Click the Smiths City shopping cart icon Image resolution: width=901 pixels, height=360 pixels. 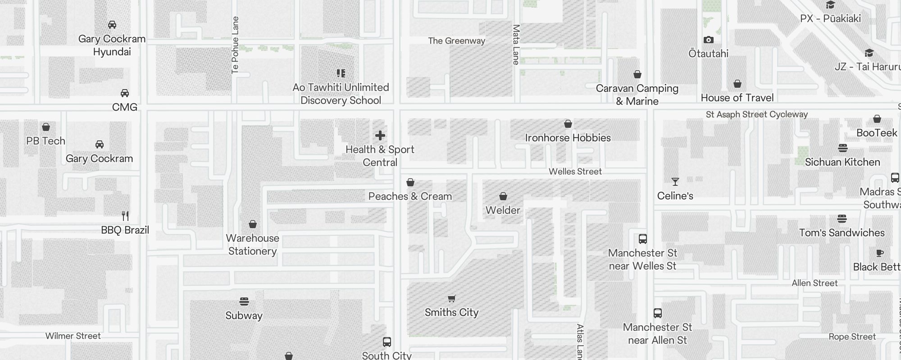click(x=451, y=298)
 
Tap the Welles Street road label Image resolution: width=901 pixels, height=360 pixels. click(x=575, y=171)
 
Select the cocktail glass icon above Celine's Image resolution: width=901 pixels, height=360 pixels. click(x=675, y=182)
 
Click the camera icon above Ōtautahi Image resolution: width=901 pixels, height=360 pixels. click(x=708, y=40)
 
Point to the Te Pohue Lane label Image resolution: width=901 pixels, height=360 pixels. click(x=235, y=45)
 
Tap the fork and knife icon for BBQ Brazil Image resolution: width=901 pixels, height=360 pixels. click(x=125, y=216)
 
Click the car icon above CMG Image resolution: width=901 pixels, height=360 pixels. click(x=125, y=93)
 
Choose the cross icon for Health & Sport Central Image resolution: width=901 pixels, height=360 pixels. click(x=380, y=135)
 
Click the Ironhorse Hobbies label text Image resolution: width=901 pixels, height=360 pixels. click(x=568, y=138)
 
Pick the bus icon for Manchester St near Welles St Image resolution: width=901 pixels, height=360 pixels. click(x=643, y=239)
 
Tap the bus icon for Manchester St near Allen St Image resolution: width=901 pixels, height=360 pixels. click(x=658, y=313)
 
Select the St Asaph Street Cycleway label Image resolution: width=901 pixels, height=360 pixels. click(x=757, y=114)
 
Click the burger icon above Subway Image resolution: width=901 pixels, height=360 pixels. click(x=244, y=301)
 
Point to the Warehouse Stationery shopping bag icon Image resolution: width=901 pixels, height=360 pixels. click(x=253, y=224)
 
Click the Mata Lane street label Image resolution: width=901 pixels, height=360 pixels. click(x=516, y=45)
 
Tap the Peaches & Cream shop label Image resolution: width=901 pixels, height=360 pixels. click(x=410, y=196)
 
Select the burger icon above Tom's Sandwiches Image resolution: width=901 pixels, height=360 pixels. click(x=842, y=219)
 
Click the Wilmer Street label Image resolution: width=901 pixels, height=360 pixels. click(x=73, y=336)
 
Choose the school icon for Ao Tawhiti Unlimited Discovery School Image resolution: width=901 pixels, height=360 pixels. click(x=341, y=73)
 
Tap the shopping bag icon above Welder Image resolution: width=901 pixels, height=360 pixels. click(x=503, y=196)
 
